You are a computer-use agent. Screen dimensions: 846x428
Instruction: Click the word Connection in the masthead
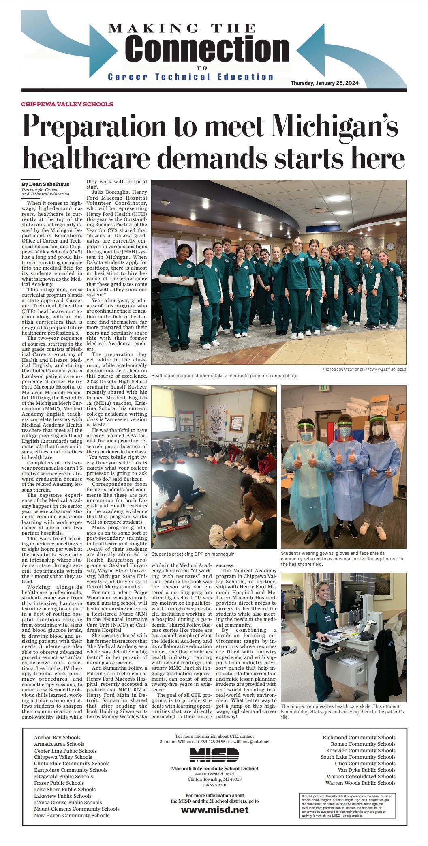(x=207, y=49)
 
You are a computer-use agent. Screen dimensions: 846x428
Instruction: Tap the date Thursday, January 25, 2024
(x=324, y=83)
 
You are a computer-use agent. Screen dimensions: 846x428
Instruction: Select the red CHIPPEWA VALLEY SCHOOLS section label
(x=67, y=104)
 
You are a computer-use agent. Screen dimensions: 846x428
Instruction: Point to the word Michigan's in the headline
(x=334, y=126)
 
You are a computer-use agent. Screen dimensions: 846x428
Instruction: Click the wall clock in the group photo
(x=390, y=246)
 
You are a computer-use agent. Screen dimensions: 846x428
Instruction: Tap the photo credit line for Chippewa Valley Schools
(x=364, y=369)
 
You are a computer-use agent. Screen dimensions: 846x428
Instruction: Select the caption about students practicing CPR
(x=193, y=554)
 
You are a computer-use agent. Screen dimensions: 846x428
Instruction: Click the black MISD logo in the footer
(x=214, y=755)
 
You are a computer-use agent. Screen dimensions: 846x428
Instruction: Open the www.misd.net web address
(x=214, y=809)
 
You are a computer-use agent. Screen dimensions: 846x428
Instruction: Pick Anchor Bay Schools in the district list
(x=57, y=738)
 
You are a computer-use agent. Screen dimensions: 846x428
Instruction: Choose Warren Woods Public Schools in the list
(x=360, y=783)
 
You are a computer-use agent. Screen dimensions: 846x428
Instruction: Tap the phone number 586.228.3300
(x=214, y=785)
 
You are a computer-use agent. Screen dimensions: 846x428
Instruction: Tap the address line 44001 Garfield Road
(x=214, y=774)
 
